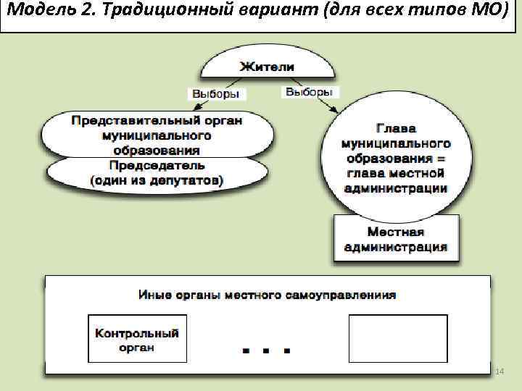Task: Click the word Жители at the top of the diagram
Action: [x=268, y=66]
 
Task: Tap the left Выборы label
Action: [x=217, y=94]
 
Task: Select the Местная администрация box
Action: [x=395, y=240]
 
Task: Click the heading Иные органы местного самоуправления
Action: [x=268, y=295]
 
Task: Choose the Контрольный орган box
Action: [x=137, y=339]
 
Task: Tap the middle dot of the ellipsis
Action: [x=266, y=350]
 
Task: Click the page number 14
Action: [x=499, y=371]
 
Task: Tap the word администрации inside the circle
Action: [x=396, y=188]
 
